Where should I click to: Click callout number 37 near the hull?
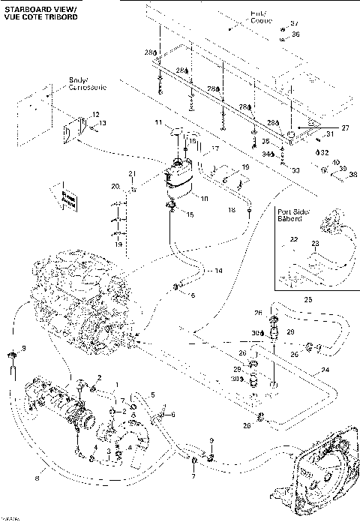[294, 24]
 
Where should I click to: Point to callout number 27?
[345, 128]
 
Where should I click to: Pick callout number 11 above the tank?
[158, 121]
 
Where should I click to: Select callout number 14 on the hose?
[218, 270]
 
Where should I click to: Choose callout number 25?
[307, 298]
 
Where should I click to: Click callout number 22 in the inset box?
[294, 240]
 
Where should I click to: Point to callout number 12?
[95, 113]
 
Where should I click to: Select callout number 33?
[295, 171]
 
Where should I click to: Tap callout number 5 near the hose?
[153, 395]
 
